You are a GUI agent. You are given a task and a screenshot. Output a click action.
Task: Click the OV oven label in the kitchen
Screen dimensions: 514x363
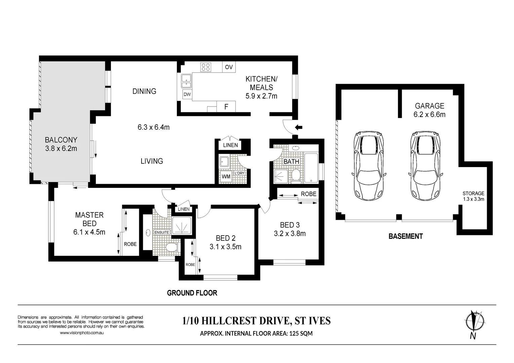229,67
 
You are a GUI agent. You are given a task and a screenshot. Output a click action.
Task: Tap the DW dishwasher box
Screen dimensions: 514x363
187,94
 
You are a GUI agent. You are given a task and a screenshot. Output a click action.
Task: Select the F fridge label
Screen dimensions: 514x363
226,107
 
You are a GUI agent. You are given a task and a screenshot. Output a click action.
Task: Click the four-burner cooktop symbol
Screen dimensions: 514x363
206,67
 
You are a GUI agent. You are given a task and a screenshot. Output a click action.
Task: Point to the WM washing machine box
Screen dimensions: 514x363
226,177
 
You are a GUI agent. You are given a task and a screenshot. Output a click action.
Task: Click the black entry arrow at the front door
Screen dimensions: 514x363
299,127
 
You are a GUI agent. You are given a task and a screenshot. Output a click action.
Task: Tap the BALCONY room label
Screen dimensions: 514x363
61,140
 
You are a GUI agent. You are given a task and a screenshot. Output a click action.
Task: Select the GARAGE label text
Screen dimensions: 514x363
430,106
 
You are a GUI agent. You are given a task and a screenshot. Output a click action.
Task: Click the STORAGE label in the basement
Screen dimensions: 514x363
473,193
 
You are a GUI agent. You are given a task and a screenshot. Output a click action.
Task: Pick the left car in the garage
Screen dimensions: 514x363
369,166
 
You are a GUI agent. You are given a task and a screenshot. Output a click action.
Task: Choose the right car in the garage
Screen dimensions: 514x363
426,166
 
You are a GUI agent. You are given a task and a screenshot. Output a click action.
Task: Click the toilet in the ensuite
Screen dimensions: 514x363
172,247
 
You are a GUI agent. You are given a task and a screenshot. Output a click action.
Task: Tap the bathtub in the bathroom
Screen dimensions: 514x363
311,168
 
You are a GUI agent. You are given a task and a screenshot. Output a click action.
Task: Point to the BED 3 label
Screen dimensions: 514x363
290,225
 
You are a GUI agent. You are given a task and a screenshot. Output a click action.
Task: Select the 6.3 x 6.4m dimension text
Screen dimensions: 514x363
154,127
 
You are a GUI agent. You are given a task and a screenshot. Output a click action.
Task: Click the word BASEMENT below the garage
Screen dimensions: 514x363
406,236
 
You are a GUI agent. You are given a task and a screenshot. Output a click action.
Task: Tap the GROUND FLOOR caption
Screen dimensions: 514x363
192,293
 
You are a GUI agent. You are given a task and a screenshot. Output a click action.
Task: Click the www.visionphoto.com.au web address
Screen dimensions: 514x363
82,333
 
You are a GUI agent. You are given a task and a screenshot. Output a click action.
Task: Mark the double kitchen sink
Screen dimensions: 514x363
186,81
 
